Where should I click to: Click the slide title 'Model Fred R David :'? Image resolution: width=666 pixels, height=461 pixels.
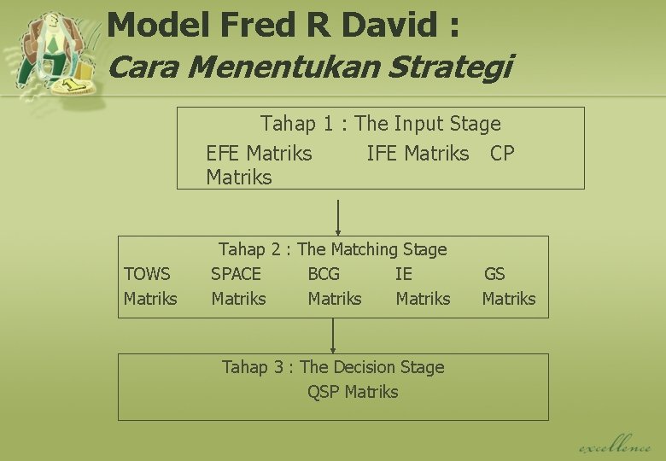283,25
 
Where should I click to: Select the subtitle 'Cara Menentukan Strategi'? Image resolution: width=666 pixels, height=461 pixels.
310,66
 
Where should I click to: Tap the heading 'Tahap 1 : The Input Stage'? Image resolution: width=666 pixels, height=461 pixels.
380,124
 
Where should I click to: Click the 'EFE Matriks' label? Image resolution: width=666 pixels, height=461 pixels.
259,154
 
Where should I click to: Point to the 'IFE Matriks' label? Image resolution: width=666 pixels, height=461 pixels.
418,154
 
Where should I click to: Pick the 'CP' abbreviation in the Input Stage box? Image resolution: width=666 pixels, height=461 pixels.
502,154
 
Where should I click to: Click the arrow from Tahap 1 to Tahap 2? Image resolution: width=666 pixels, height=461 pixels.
339,216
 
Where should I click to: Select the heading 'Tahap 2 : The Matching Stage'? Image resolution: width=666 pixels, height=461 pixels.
332,249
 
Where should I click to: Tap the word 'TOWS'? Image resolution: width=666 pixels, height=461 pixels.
147,274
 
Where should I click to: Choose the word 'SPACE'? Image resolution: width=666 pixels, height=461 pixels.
236,274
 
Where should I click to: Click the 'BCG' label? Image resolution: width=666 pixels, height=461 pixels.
324,274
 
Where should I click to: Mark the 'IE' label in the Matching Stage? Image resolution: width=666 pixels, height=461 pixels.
403,274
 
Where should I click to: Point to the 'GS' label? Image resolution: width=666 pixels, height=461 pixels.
494,274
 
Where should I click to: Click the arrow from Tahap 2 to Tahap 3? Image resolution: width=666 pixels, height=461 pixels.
333,336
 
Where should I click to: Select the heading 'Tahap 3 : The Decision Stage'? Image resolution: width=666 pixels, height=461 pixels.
333,367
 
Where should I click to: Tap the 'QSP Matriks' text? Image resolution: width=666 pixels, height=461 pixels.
353,392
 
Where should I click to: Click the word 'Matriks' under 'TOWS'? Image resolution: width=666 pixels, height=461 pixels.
150,299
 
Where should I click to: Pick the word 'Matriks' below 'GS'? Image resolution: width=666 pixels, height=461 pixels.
509,299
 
